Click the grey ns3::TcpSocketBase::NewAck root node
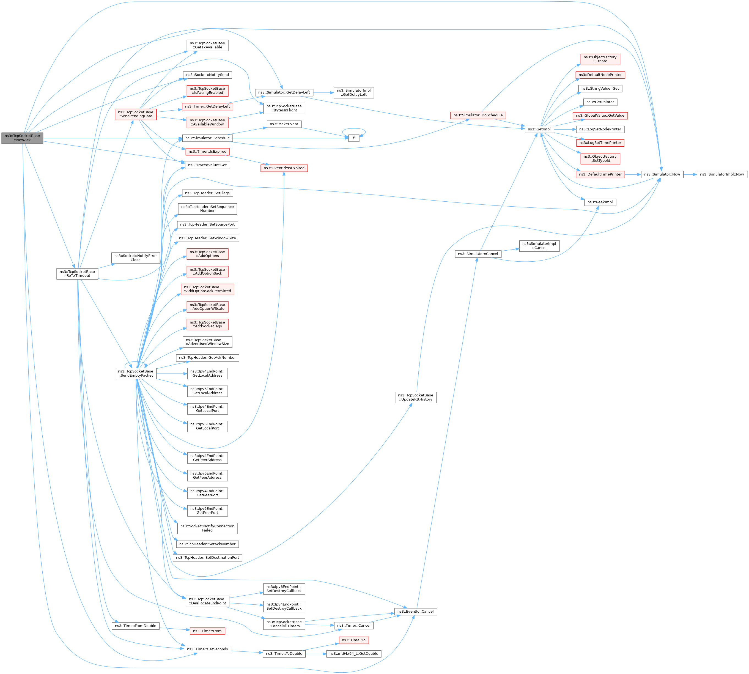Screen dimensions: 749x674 click(22, 138)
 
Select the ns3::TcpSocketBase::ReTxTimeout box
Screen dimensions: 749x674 click(77, 274)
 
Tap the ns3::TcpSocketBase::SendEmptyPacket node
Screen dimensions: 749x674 click(136, 373)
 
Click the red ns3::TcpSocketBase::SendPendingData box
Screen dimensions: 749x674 click(136, 114)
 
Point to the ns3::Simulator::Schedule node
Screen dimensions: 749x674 click(207, 138)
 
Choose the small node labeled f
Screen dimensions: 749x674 click(353, 138)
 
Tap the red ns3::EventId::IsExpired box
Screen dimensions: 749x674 click(284, 168)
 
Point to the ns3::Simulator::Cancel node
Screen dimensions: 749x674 click(478, 254)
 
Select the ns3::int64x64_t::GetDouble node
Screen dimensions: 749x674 click(353, 654)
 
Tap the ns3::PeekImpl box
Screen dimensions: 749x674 click(600, 202)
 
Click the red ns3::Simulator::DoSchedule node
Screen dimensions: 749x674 click(478, 116)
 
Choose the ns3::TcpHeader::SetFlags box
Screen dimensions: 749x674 click(207, 193)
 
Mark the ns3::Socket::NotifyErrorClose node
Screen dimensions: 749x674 click(136, 258)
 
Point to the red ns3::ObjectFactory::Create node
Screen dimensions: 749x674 click(600, 59)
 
